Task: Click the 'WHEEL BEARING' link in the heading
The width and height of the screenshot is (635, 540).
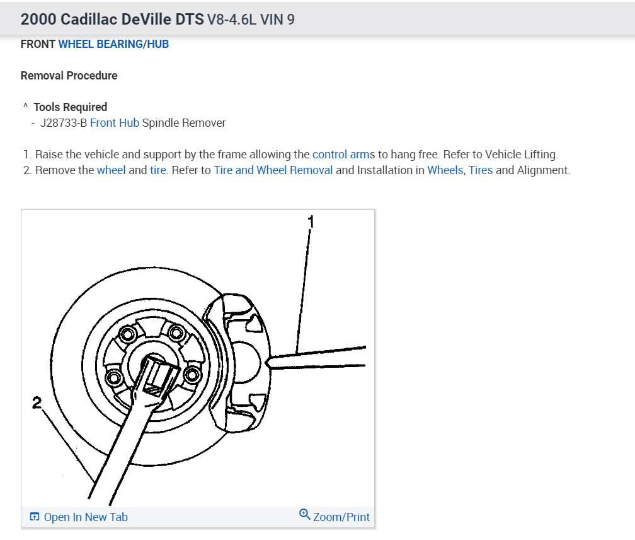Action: click(x=100, y=44)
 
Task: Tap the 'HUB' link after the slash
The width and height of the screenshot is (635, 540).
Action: click(x=158, y=44)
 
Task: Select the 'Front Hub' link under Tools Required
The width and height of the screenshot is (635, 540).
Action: click(x=115, y=123)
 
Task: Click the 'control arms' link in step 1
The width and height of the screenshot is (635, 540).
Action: click(x=344, y=155)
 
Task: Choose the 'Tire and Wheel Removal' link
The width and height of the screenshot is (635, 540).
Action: click(x=273, y=170)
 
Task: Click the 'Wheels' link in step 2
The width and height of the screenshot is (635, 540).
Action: click(x=445, y=170)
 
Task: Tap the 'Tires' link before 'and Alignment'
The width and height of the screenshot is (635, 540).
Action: click(x=481, y=170)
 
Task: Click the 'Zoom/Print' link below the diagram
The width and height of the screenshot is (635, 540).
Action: click(x=341, y=517)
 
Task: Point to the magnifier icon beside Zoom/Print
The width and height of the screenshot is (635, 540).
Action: click(x=304, y=514)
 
